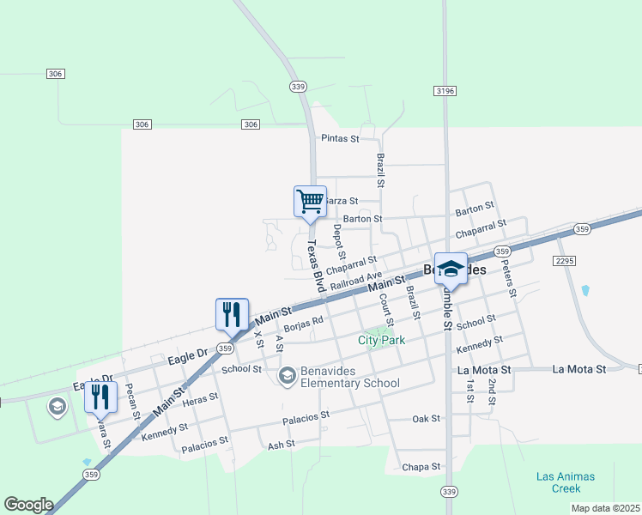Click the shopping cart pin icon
(x=310, y=203)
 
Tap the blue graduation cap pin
(x=451, y=270)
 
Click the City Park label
(x=381, y=340)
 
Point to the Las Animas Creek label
(x=565, y=482)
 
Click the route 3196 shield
(x=445, y=90)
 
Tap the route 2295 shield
(x=564, y=260)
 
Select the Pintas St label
(x=338, y=138)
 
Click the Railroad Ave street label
(x=355, y=281)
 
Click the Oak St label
(x=426, y=419)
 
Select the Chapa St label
(x=421, y=467)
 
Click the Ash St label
(x=281, y=445)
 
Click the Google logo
(x=28, y=505)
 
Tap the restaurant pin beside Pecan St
(x=100, y=397)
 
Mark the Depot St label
(x=339, y=242)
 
